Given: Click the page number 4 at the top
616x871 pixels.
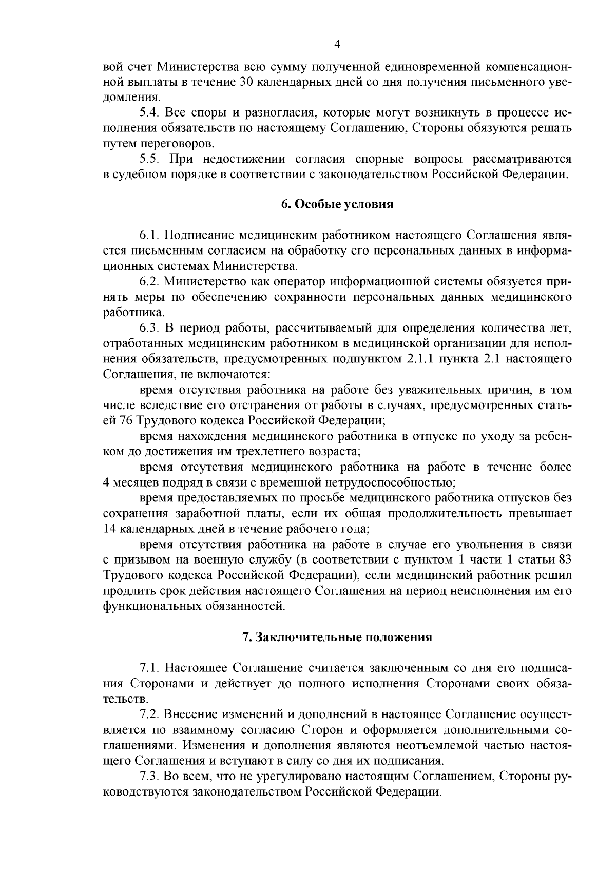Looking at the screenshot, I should (337, 45).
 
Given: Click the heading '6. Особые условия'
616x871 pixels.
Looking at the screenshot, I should (337, 205).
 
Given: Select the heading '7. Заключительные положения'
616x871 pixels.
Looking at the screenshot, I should (337, 637).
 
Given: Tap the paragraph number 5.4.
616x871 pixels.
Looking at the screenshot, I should (149, 112).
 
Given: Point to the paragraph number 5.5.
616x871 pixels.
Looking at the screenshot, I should (149, 159).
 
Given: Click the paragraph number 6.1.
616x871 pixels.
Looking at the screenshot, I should (149, 236).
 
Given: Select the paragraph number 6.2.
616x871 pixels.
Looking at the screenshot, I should (149, 282).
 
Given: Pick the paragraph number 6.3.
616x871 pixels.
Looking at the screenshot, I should (149, 328).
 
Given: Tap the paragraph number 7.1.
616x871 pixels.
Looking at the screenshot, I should (149, 668).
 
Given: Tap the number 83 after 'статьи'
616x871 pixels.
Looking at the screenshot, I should (564, 559).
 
